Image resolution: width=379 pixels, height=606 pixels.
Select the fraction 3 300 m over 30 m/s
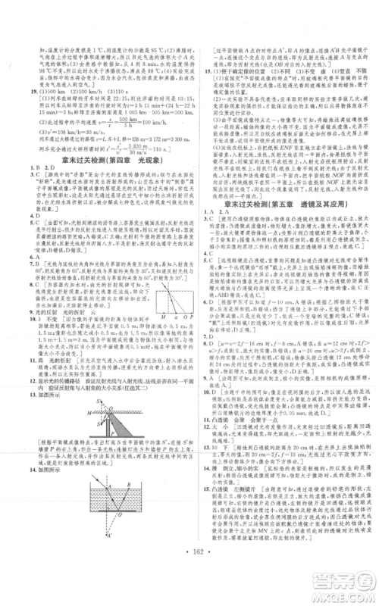click(x=117, y=167)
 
